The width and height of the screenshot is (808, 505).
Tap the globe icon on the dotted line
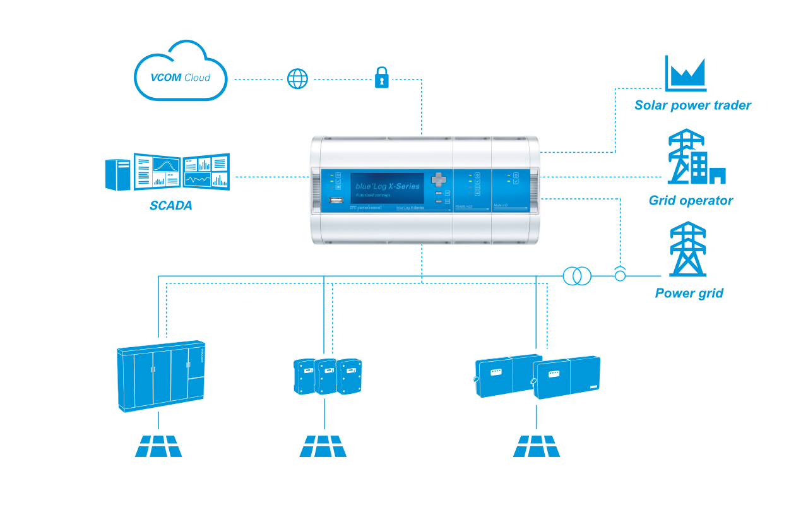coord(298,79)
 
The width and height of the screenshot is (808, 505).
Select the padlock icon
coord(382,78)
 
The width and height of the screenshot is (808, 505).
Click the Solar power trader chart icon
coord(686,74)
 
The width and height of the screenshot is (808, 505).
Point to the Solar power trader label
coord(692,105)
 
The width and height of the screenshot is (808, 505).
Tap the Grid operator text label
coord(691,201)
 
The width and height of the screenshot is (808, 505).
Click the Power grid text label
coord(689,294)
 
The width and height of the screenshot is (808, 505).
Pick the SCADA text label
coord(170,206)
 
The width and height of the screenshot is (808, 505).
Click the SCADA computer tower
coord(118,174)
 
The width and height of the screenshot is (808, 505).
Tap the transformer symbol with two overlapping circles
coord(576,276)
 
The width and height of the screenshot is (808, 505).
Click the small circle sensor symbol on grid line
coord(621,275)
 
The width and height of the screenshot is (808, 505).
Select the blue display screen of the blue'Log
coord(386,188)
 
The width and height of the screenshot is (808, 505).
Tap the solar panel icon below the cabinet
coord(158,446)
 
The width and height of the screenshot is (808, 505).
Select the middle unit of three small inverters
coord(326,376)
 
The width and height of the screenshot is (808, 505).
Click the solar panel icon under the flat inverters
coord(537,446)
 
